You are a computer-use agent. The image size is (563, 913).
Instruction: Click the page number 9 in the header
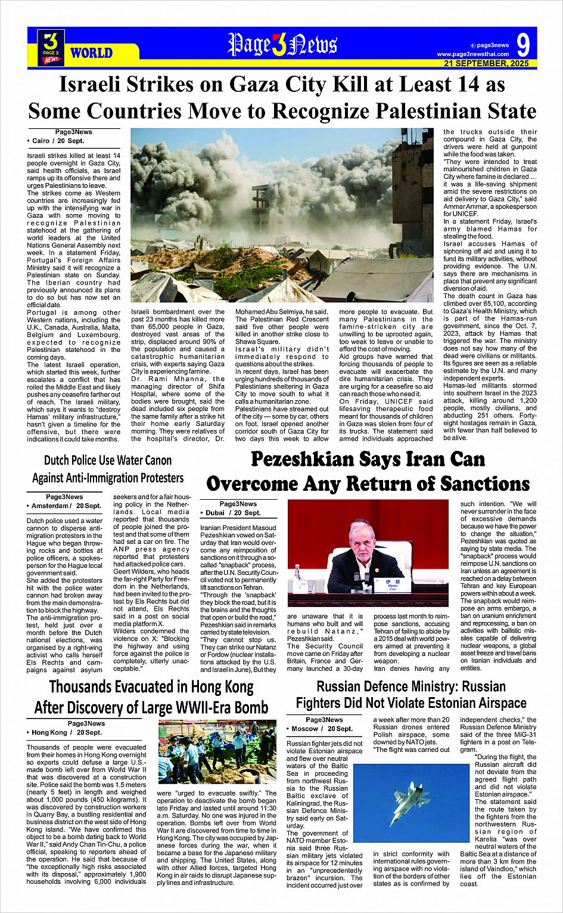point(522,45)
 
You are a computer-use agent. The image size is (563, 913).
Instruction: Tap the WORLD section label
point(91,53)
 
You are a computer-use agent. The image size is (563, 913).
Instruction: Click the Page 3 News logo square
point(51,47)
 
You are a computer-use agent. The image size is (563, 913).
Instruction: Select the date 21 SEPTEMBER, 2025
point(486,63)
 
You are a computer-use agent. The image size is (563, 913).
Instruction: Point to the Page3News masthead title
point(282,45)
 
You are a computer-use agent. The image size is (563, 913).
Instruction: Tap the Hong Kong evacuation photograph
point(217,751)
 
